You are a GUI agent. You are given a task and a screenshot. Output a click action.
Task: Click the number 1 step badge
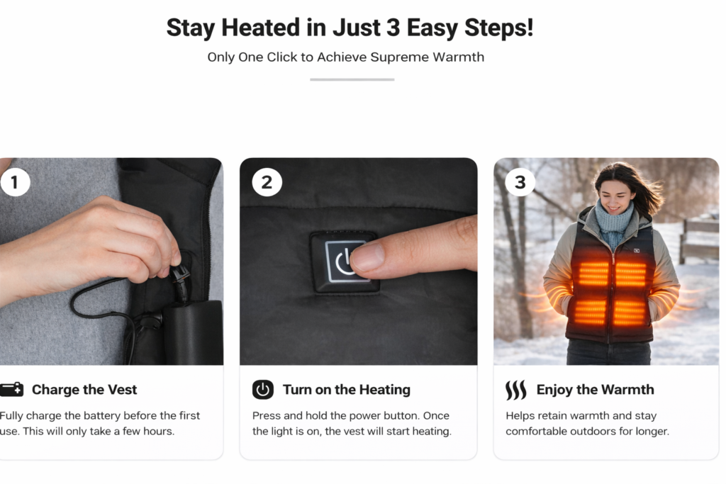coord(16,182)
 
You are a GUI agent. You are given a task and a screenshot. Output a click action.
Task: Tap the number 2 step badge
coord(267,182)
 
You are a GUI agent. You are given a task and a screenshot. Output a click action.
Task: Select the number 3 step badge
coord(520,182)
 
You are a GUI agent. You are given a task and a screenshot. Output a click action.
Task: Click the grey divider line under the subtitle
coord(352,79)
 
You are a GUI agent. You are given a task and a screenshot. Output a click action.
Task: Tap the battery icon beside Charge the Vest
coord(11,390)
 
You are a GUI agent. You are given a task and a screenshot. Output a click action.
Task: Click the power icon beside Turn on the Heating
coord(263,390)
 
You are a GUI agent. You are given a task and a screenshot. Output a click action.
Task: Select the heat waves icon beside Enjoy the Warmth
coord(516,390)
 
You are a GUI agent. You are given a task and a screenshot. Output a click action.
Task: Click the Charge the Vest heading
coord(84,390)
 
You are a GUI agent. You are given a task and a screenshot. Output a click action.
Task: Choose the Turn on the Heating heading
coord(346,390)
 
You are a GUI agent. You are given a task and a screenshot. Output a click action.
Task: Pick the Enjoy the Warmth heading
coord(595,390)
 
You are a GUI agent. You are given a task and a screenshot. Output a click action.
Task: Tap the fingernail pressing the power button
coord(367,258)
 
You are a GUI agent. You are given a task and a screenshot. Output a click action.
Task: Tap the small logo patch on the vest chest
coord(637,250)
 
